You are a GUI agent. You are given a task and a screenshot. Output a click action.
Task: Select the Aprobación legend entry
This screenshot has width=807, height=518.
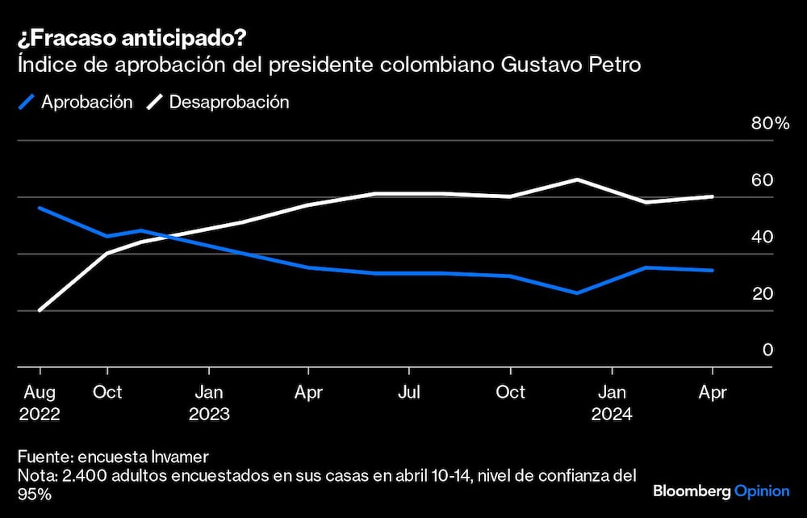point(77,102)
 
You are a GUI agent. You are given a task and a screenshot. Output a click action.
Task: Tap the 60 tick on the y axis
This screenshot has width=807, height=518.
point(762,180)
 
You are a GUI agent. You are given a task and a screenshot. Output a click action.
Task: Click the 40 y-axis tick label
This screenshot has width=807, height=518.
point(762,237)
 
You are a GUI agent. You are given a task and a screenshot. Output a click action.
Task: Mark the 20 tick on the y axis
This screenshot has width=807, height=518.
point(762,293)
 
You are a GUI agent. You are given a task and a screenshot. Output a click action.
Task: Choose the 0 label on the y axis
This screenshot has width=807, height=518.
point(767,350)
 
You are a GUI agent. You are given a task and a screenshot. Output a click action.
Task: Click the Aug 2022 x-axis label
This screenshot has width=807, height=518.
point(40,402)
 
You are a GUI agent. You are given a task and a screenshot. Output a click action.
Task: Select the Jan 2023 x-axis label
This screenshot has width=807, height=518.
point(209,402)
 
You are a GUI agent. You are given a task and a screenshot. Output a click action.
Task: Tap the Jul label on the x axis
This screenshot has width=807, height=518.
point(409,392)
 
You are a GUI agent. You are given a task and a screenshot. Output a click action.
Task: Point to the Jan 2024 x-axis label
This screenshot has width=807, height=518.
point(612,402)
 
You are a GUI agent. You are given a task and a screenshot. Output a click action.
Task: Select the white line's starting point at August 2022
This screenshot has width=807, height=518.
point(40,310)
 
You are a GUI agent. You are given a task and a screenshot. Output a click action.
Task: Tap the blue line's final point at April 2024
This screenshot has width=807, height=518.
point(712,270)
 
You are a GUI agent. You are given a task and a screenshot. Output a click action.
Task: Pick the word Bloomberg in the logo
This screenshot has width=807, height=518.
point(692,491)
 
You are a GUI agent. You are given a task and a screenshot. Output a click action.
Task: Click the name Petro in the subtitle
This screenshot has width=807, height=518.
point(617,65)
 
